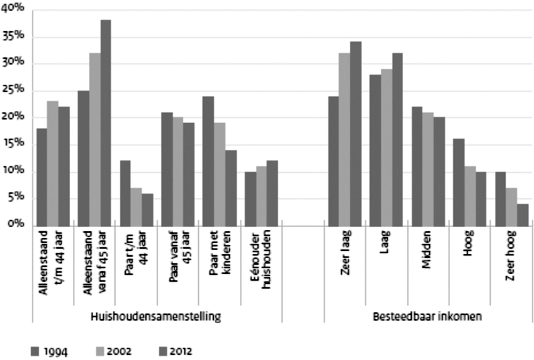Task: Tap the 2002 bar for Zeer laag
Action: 344,139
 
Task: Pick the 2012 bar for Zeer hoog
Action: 522,215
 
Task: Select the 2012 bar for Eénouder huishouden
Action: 272,193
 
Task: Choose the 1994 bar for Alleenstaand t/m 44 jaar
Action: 42,177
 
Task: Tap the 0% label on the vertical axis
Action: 16,225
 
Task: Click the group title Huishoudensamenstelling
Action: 156,317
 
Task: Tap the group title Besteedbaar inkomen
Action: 428,317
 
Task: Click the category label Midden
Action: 428,250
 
